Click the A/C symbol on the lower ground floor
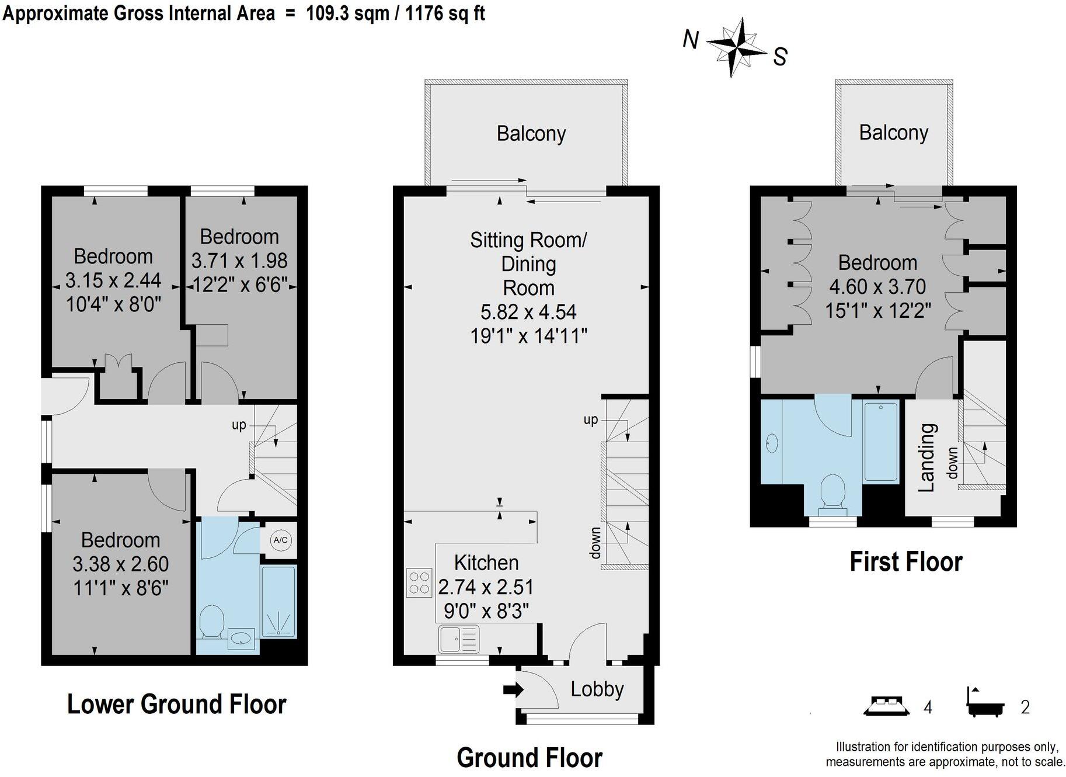tap(280, 540)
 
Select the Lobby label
tap(597, 689)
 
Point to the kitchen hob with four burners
tap(419, 582)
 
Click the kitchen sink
tap(459, 639)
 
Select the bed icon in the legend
tap(886, 706)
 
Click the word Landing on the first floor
tap(927, 457)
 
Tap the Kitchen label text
tap(486, 563)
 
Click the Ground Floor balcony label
tap(531, 134)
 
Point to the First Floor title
tap(906, 561)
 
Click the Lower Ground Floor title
tap(177, 704)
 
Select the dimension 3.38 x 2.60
tap(121, 564)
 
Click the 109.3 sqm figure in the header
tap(348, 13)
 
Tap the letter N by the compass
tap(691, 40)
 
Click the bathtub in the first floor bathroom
tap(881, 442)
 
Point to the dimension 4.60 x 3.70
tap(877, 286)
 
